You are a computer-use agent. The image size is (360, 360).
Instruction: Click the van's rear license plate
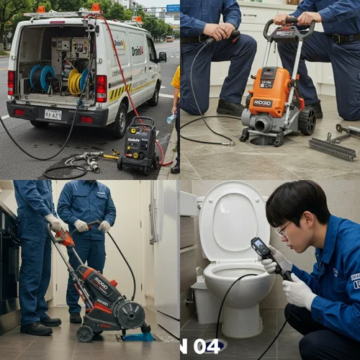click(x=53, y=114)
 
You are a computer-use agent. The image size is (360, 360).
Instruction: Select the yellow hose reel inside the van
click(x=75, y=81)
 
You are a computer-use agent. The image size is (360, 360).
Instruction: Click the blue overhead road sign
click(x=173, y=8)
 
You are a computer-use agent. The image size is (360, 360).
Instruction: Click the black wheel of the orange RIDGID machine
click(x=307, y=122)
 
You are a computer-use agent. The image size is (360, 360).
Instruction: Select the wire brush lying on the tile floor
click(x=332, y=149)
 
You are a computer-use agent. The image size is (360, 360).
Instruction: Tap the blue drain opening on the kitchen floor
click(x=138, y=336)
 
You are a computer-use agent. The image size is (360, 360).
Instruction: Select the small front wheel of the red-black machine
click(x=86, y=333)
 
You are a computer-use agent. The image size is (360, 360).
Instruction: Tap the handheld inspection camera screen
click(x=258, y=247)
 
